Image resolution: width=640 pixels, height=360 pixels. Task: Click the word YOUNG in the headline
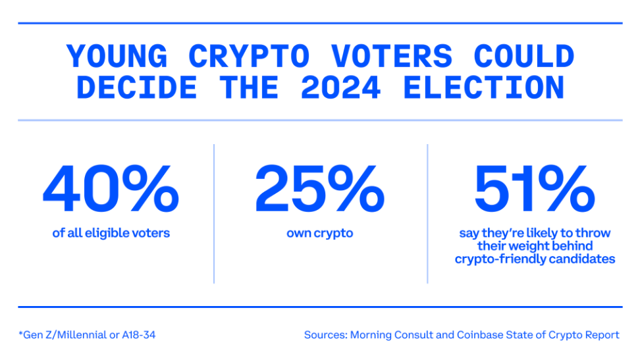click(118, 57)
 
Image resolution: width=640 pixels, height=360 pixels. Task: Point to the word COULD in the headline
click(523, 57)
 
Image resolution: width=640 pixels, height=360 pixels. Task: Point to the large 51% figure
click(534, 190)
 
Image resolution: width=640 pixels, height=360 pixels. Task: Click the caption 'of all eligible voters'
click(111, 233)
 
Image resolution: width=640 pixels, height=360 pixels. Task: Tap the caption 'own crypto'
click(319, 233)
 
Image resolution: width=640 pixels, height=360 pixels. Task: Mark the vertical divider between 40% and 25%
click(215, 213)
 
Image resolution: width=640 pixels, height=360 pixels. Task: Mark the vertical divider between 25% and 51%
click(427, 213)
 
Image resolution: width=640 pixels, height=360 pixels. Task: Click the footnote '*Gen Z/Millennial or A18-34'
click(88, 335)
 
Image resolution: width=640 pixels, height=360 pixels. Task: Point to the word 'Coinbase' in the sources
click(479, 335)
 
